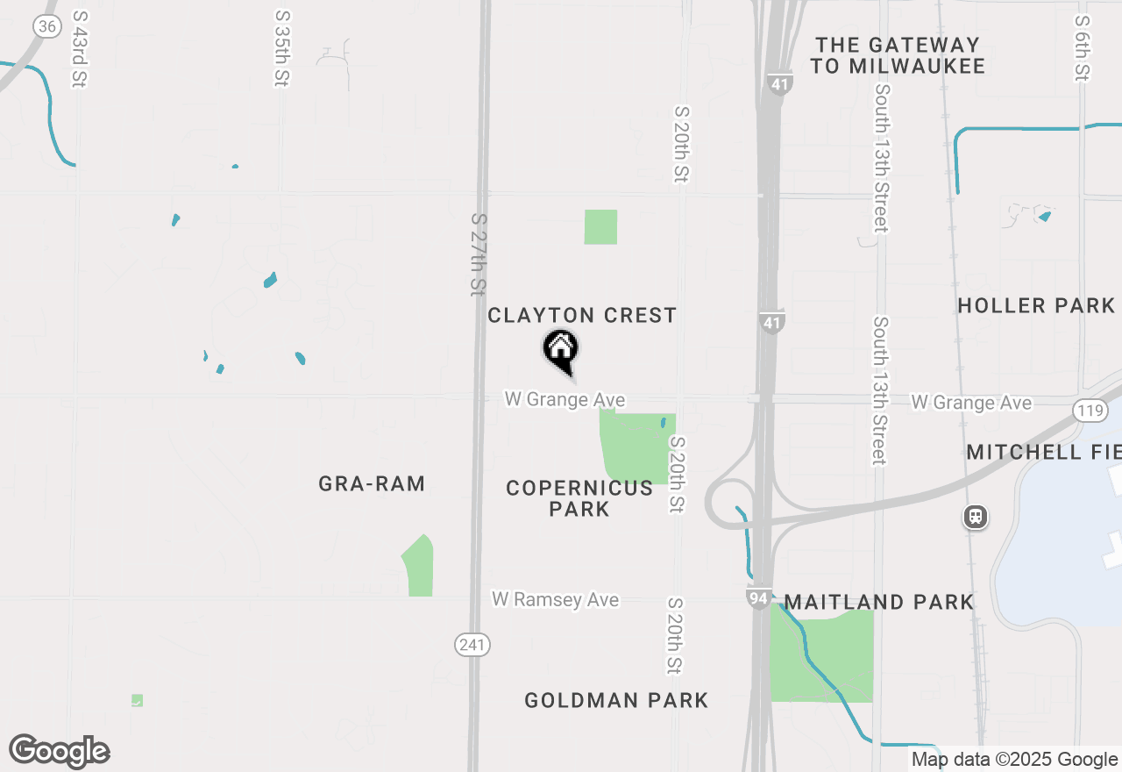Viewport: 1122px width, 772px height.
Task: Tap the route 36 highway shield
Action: pyautogui.click(x=47, y=26)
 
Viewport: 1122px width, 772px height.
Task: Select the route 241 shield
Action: pyautogui.click(x=472, y=646)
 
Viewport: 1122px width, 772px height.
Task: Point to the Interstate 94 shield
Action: pyautogui.click(x=759, y=599)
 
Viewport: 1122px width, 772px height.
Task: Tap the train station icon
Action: pyautogui.click(x=975, y=517)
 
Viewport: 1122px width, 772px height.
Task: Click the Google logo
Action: pyautogui.click(x=59, y=752)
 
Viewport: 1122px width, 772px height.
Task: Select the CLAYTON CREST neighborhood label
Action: pyautogui.click(x=582, y=315)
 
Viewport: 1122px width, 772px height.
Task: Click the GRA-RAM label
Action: pyautogui.click(x=372, y=483)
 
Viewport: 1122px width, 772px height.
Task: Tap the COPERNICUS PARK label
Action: pyautogui.click(x=579, y=498)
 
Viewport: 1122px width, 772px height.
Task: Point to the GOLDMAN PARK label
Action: pyautogui.click(x=616, y=700)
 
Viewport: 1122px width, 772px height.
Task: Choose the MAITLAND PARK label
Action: pyautogui.click(x=879, y=602)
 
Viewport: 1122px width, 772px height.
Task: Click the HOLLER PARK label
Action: pyautogui.click(x=1036, y=305)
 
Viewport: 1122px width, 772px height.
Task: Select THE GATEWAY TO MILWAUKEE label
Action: pyautogui.click(x=897, y=55)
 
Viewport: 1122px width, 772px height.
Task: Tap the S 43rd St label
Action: pyautogui.click(x=81, y=49)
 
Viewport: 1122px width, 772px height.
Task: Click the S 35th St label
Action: pyautogui.click(x=281, y=49)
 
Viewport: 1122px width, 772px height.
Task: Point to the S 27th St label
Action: pyautogui.click(x=478, y=254)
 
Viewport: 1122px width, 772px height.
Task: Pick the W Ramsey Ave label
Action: pyautogui.click(x=555, y=600)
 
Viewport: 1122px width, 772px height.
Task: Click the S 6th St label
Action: pyautogui.click(x=1083, y=49)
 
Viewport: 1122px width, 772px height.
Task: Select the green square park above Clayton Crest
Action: pyautogui.click(x=600, y=227)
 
